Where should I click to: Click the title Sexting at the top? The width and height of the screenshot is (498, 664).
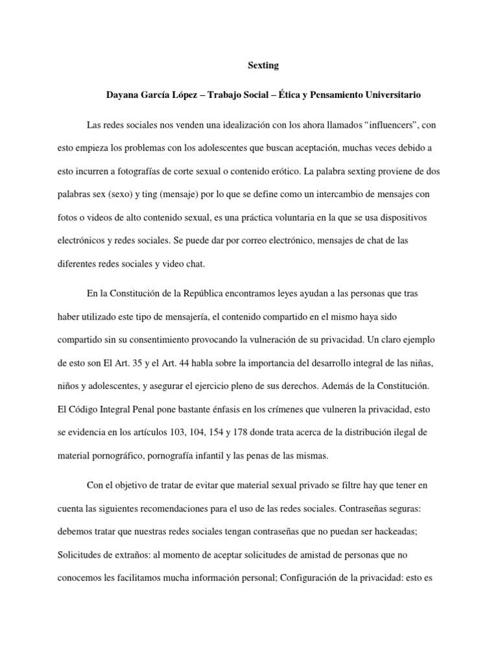(x=264, y=65)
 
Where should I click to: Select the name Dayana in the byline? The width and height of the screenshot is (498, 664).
(x=123, y=95)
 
